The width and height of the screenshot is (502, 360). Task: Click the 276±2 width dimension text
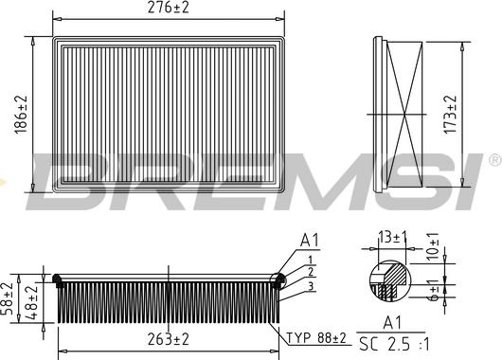pyautogui.click(x=169, y=7)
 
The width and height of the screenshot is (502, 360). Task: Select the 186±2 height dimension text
pyautogui.click(x=21, y=115)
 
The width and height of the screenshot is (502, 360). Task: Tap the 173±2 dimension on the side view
pyautogui.click(x=450, y=115)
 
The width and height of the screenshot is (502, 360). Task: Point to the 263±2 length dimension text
pyautogui.click(x=169, y=339)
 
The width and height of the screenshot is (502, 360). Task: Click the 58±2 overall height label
pyautogui.click(x=8, y=298)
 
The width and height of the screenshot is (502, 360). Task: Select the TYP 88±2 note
pyautogui.click(x=316, y=338)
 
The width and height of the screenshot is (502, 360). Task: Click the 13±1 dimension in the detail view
pyautogui.click(x=392, y=238)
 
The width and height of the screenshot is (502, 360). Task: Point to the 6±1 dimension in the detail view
pyautogui.click(x=434, y=290)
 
